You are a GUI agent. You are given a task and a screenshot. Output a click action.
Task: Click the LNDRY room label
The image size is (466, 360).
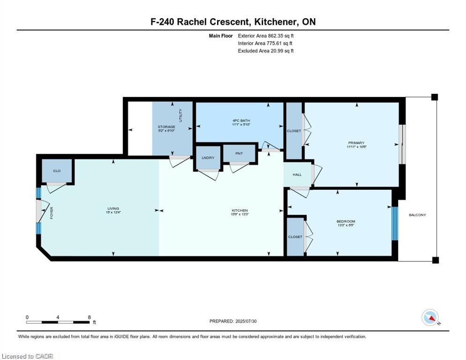point(208,158)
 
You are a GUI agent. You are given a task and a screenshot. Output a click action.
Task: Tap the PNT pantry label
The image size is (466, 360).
point(240,153)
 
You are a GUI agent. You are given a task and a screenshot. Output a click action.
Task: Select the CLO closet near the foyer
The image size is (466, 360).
point(57,171)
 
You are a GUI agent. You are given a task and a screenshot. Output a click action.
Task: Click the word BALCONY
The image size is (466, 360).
point(417,215)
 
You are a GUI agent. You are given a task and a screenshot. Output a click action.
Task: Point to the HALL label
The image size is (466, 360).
point(297,174)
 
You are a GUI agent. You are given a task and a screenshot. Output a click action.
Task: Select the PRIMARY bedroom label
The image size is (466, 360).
point(356,142)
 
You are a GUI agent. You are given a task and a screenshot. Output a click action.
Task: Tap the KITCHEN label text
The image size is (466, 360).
point(239,210)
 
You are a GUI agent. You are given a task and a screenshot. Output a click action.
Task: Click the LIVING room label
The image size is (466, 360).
point(113,209)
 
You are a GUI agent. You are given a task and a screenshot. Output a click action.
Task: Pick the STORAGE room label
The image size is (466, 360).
point(166,127)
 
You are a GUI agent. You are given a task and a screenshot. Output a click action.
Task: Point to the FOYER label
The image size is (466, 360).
point(52,213)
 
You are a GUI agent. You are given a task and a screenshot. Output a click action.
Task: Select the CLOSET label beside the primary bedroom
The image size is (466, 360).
point(294,131)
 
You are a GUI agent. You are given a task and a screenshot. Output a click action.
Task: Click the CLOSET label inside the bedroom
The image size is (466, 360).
point(295,237)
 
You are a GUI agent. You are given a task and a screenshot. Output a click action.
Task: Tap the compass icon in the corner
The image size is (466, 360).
point(430,317)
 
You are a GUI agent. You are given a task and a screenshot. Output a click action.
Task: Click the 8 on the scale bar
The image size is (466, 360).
point(89,317)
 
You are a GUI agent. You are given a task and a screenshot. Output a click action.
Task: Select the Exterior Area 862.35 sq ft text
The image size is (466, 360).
point(266,36)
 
